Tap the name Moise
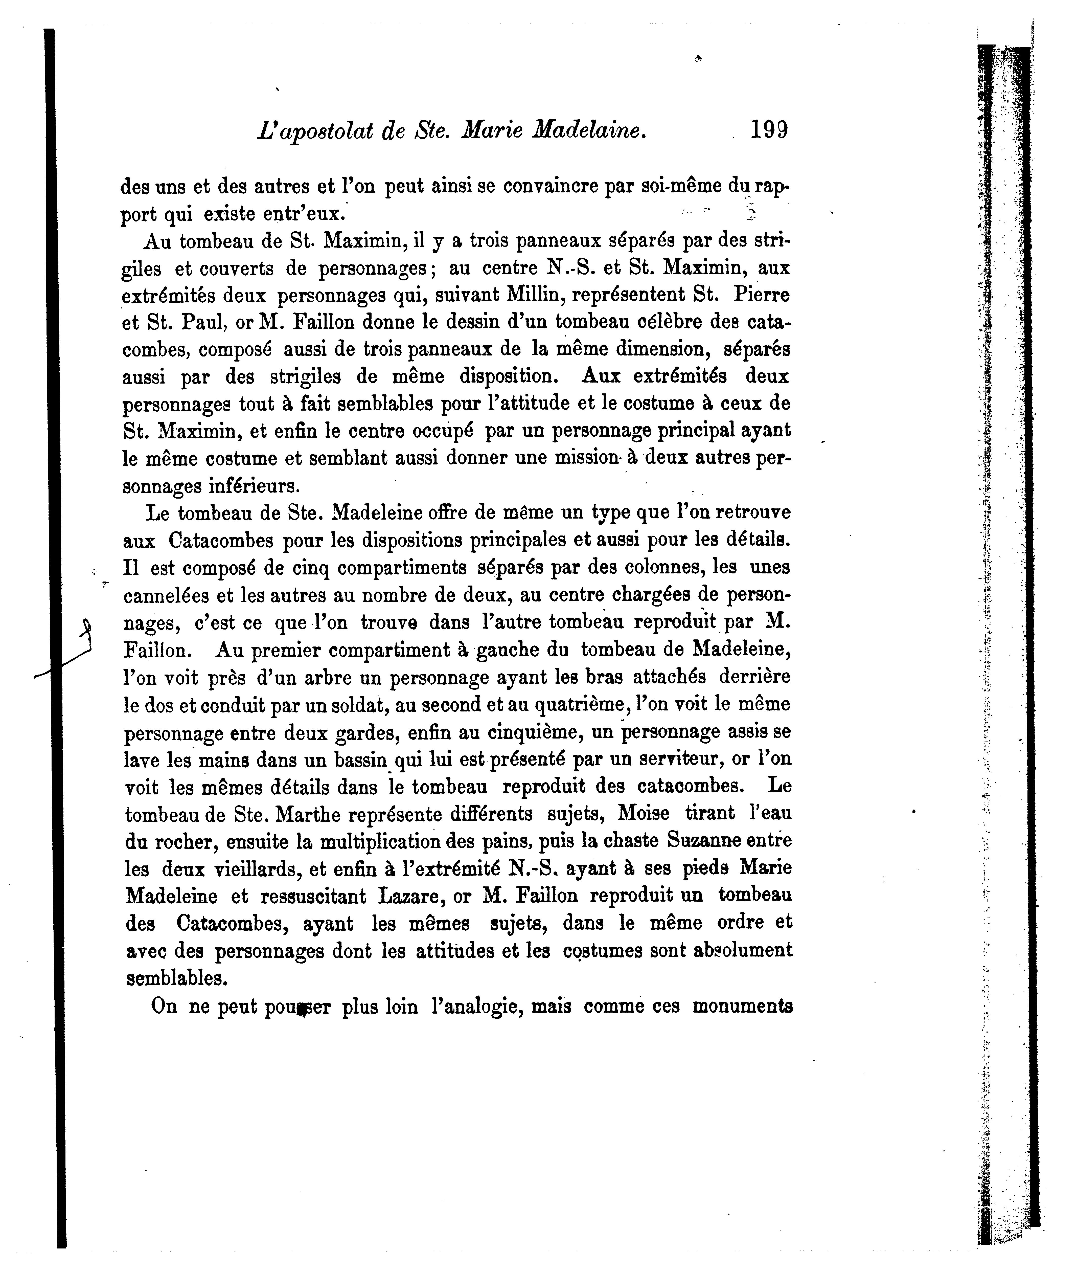pos(644,814)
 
